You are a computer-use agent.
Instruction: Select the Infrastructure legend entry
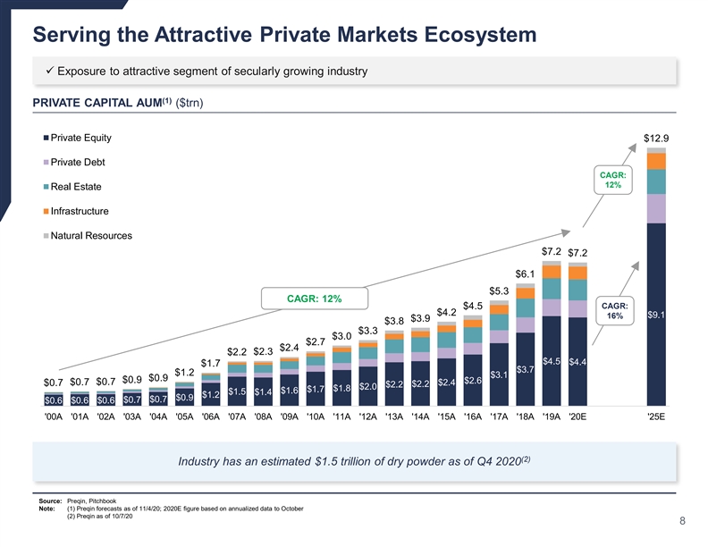coord(80,211)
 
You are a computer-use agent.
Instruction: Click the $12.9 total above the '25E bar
coord(656,139)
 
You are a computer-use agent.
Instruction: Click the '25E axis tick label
coord(656,416)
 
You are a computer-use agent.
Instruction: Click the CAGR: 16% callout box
coord(617,309)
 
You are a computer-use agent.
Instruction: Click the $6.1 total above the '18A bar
coord(526,273)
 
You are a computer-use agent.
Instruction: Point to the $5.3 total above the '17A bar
coord(499,290)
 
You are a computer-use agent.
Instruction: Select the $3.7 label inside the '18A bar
coord(526,368)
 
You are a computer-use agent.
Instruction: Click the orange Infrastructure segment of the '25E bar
coord(656,161)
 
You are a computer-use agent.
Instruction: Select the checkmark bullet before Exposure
coord(50,72)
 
